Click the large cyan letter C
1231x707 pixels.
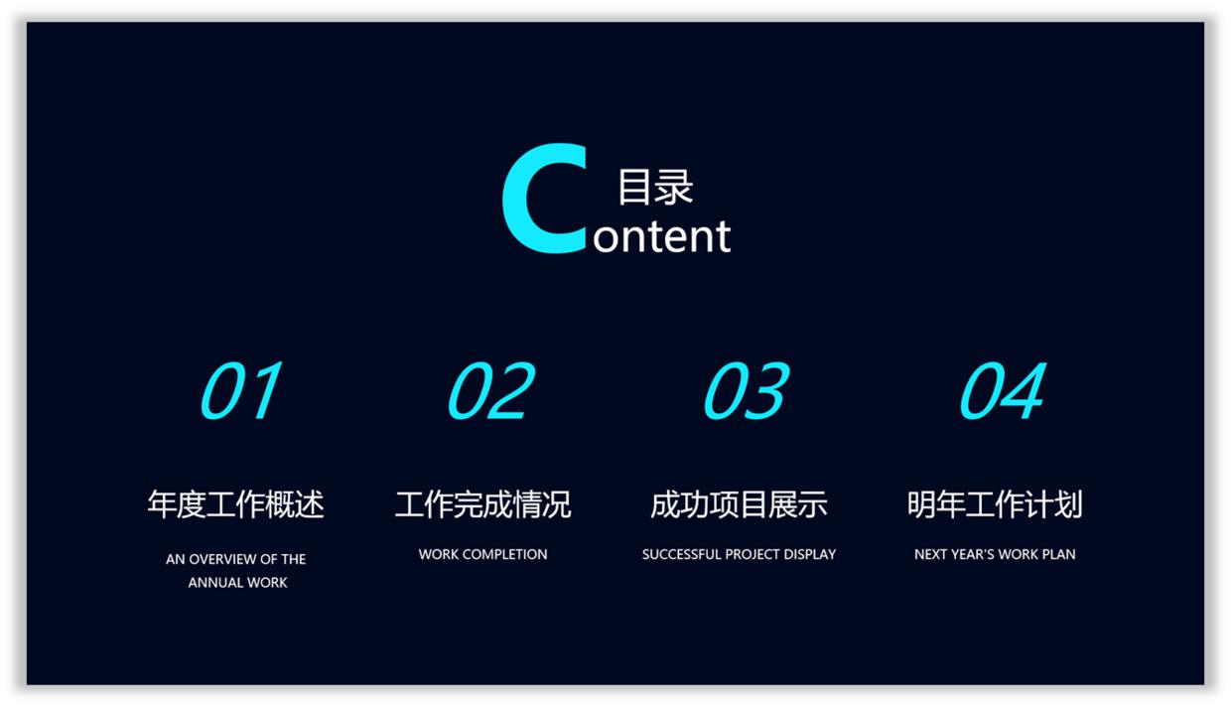point(543,199)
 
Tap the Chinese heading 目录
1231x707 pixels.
point(655,187)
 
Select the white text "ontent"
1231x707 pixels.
point(661,237)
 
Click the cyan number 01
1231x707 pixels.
point(240,390)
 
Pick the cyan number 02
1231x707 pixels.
point(490,390)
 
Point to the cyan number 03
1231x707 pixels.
point(746,390)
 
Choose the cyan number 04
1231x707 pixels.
point(1002,390)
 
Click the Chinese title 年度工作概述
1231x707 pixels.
point(236,504)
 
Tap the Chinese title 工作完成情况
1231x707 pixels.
point(483,504)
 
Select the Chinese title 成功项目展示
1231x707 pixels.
point(739,504)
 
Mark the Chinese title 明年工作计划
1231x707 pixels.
point(995,504)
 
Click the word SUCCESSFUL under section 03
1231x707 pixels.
point(681,554)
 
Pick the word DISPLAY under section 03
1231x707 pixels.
point(810,554)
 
